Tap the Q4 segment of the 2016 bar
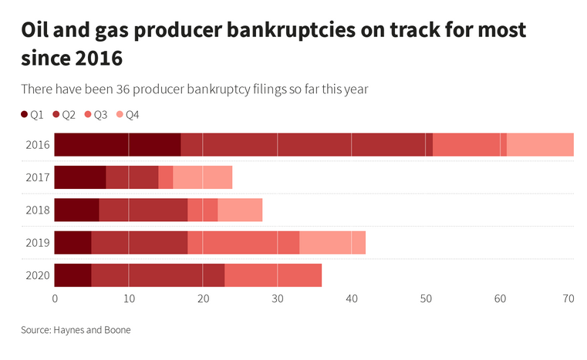[x=540, y=145]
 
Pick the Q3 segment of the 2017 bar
[x=165, y=177]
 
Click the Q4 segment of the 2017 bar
[x=202, y=177]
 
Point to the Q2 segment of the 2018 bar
[x=143, y=210]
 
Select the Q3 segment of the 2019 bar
[x=243, y=242]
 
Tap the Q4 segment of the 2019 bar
[x=332, y=242]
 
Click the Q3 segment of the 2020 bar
[x=272, y=275]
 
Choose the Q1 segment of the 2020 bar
[x=73, y=275]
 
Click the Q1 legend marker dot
[x=25, y=115]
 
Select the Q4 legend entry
[x=127, y=115]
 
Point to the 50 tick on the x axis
[x=425, y=298]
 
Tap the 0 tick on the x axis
[x=55, y=298]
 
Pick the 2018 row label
[x=37, y=210]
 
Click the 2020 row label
[x=37, y=275]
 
